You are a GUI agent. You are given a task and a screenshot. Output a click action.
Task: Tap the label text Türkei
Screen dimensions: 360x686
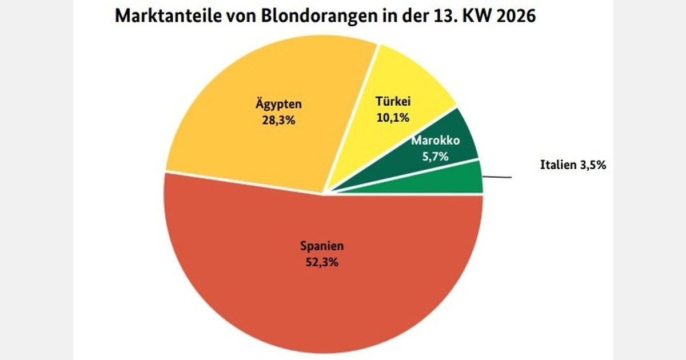[393, 102]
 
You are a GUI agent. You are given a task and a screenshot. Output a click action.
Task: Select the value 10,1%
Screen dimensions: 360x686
[393, 118]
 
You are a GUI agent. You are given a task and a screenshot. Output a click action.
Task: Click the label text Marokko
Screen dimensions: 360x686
[436, 141]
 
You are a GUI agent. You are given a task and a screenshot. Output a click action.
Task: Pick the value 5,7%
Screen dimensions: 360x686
[436, 156]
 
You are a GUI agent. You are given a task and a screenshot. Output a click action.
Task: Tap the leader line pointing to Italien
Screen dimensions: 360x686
[497, 177]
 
